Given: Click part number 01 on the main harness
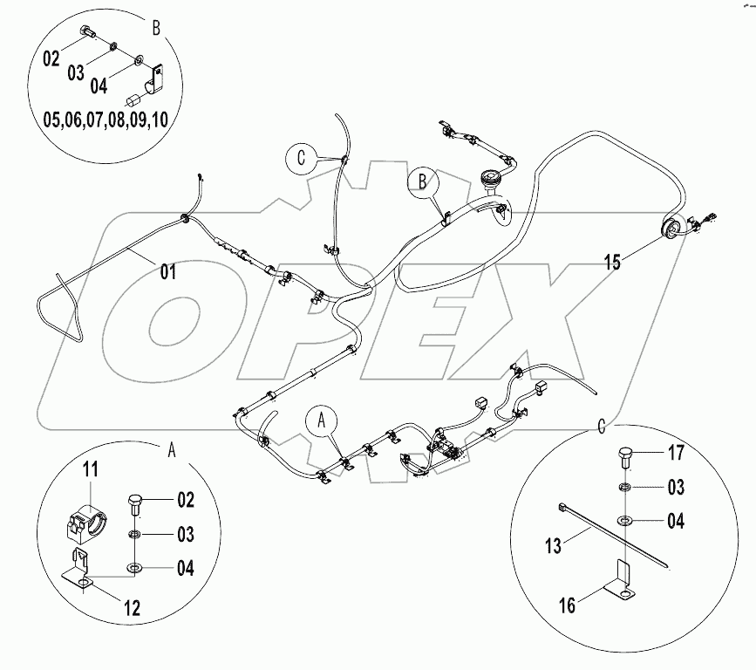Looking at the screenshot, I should tap(167, 272).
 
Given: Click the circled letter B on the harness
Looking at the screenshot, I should tap(420, 181).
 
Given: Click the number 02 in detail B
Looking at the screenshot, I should tap(51, 59).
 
